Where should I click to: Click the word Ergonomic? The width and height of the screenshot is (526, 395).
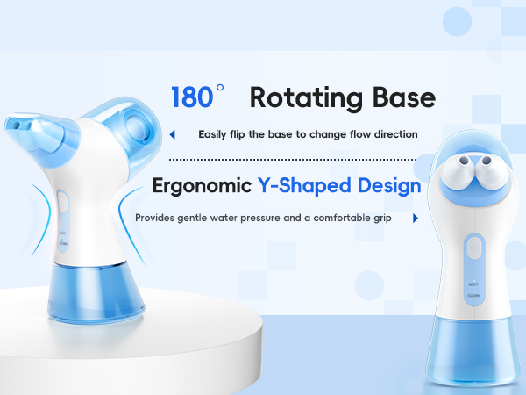[x=202, y=186]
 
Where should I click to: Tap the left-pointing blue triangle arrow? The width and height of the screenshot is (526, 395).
[x=173, y=134]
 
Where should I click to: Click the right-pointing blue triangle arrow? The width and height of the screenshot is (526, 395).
[x=414, y=218]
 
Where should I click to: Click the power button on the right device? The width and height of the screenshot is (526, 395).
[x=473, y=248]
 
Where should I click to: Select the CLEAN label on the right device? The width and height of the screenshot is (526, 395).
[x=473, y=297]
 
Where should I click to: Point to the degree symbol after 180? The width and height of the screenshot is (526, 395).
[x=220, y=89]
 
